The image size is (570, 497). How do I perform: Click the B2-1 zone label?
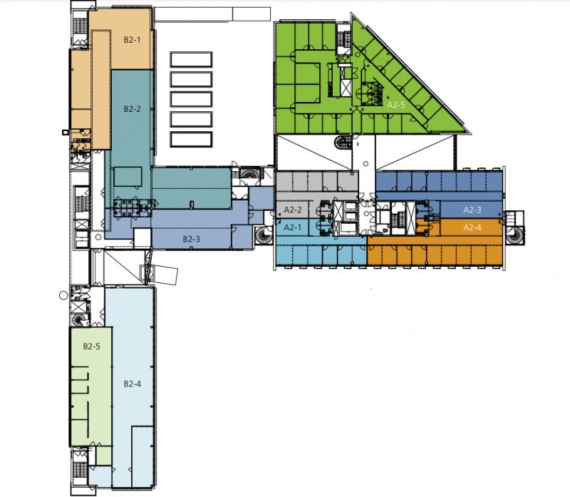pyautogui.click(x=132, y=40)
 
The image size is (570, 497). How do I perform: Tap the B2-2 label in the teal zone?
pyautogui.click(x=132, y=109)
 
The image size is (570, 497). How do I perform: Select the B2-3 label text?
pyautogui.click(x=191, y=239)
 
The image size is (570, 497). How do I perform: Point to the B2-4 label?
pyautogui.click(x=133, y=384)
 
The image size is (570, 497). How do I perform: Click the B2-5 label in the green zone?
pyautogui.click(x=92, y=346)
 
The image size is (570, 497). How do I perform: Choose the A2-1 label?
pyautogui.click(x=293, y=227)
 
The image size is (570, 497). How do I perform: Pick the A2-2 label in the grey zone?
pyautogui.click(x=293, y=210)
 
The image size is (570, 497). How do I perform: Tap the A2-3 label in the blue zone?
pyautogui.click(x=472, y=210)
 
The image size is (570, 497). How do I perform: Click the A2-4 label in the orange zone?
pyautogui.click(x=472, y=227)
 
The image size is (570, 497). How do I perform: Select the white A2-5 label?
pyautogui.click(x=396, y=105)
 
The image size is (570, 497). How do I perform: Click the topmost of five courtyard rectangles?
pyautogui.click(x=191, y=59)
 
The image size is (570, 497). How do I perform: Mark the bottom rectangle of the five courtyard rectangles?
pyautogui.click(x=191, y=139)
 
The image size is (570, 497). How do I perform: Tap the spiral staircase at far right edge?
pyautogui.click(x=514, y=235)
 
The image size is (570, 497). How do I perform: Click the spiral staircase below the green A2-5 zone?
pyautogui.click(x=342, y=142)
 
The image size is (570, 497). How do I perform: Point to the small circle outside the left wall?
pyautogui.click(x=63, y=295)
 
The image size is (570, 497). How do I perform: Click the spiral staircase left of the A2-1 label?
pyautogui.click(x=264, y=235)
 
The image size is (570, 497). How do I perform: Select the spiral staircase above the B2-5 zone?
pyautogui.click(x=80, y=320)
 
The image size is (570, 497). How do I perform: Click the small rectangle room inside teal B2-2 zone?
pyautogui.click(x=128, y=177)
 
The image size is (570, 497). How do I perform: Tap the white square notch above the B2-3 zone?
pyautogui.click(x=142, y=238)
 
